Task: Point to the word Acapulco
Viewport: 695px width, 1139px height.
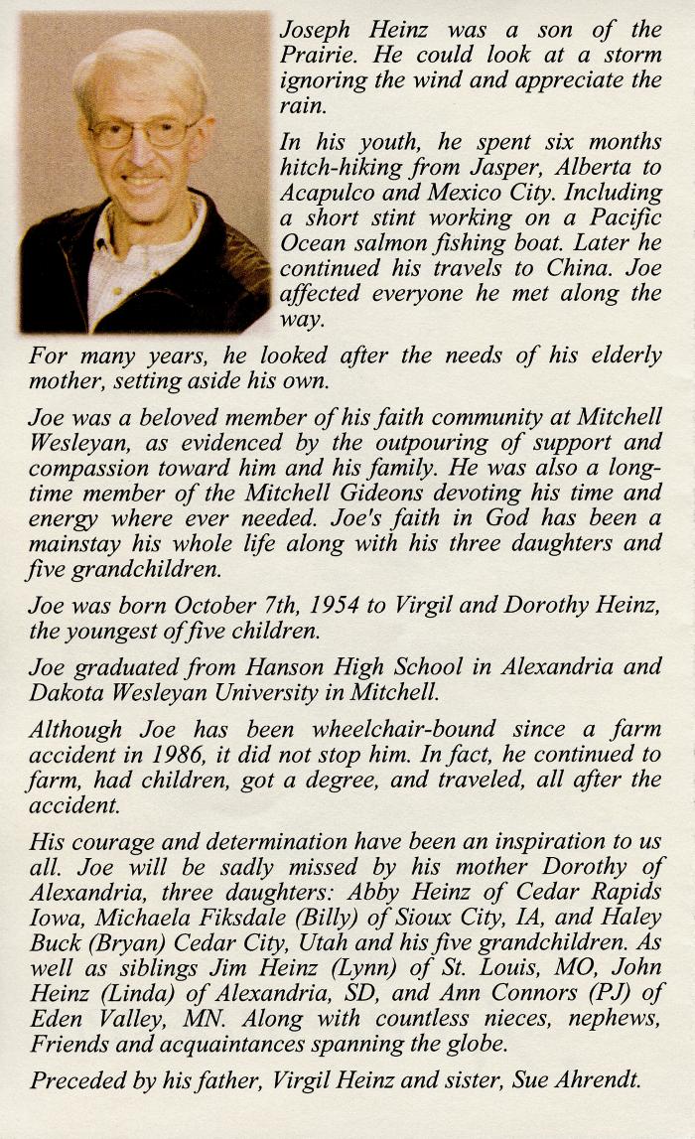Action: pyautogui.click(x=331, y=193)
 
